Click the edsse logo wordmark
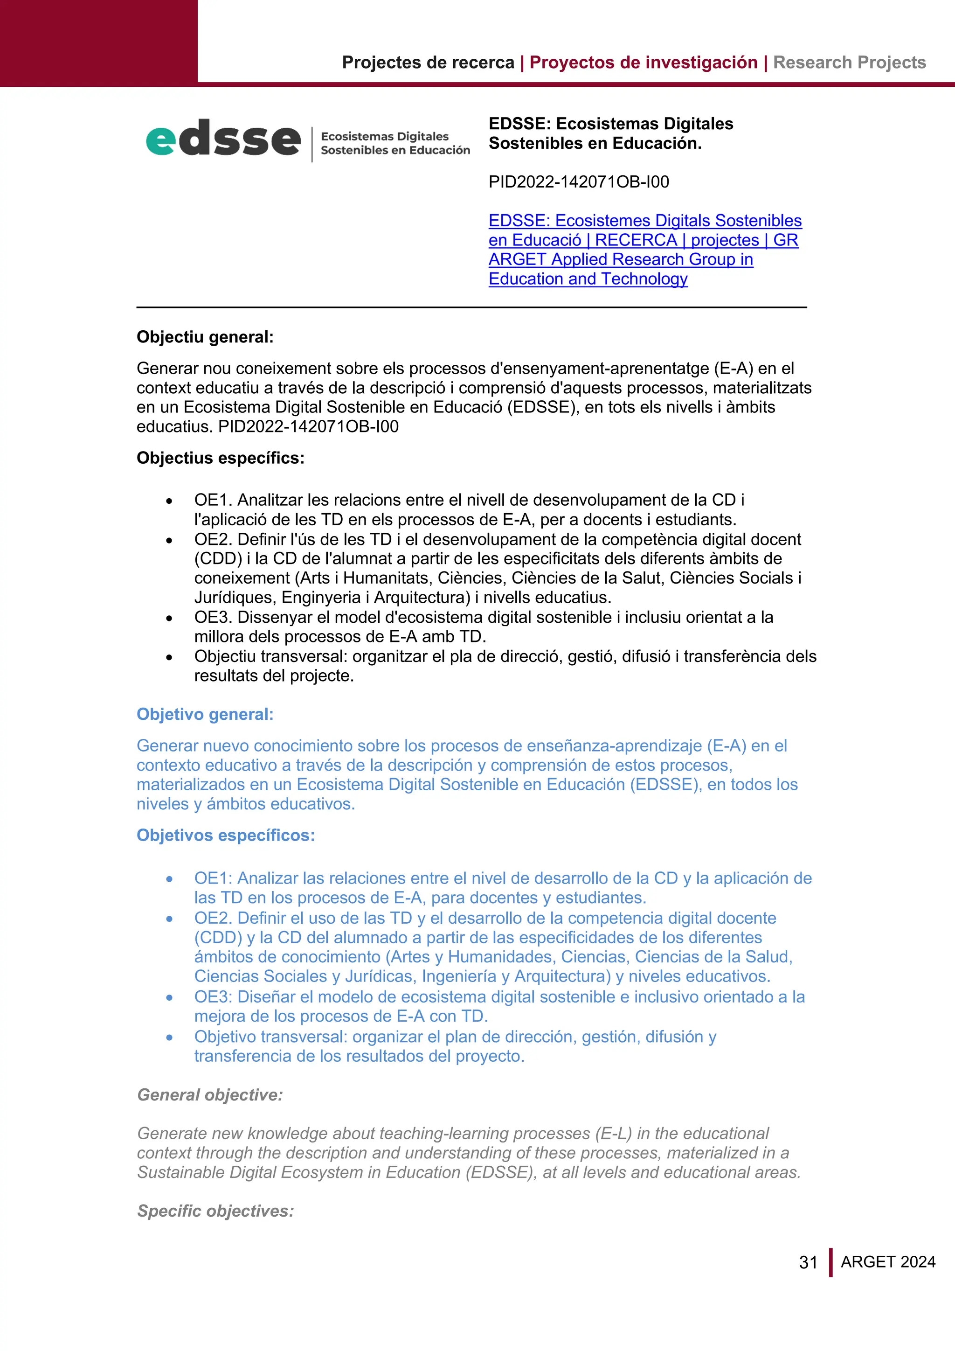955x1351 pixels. point(223,139)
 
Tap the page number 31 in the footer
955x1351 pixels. point(808,1262)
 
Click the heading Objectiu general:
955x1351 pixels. point(205,337)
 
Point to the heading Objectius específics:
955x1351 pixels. point(221,458)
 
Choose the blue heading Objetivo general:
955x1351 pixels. point(205,714)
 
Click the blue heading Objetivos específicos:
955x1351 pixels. point(225,835)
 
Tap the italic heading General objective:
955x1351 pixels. point(210,1095)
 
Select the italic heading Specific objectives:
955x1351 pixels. point(215,1211)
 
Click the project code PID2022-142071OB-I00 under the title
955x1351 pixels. point(579,182)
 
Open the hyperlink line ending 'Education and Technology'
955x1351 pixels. point(588,279)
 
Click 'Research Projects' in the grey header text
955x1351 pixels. point(849,63)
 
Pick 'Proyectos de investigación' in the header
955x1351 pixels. point(644,63)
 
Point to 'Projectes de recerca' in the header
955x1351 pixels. point(428,63)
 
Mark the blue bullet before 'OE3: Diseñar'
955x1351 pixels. point(169,998)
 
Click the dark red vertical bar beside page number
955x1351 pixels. point(830,1262)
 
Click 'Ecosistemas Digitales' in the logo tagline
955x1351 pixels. point(385,137)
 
